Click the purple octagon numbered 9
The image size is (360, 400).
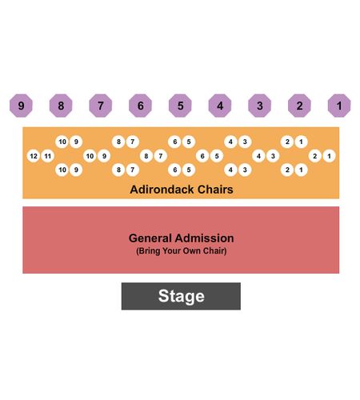click(x=21, y=106)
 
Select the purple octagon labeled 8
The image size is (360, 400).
click(x=61, y=106)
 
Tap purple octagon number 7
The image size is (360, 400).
click(x=101, y=106)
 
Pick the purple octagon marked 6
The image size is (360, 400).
click(x=140, y=106)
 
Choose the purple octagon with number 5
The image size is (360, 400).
click(x=180, y=106)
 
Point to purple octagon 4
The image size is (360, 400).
click(x=220, y=106)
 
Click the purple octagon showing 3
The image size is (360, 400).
click(x=260, y=106)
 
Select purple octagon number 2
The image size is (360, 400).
click(x=299, y=106)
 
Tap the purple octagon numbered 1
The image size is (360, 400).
click(x=339, y=106)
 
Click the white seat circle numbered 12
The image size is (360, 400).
click(x=34, y=156)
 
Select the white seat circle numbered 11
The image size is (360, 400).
click(x=48, y=156)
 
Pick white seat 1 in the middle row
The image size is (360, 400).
click(x=329, y=156)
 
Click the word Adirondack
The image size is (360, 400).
click(x=162, y=190)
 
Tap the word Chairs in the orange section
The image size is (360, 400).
click(x=215, y=190)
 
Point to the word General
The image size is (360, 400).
click(x=150, y=238)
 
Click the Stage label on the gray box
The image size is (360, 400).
click(x=182, y=296)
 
